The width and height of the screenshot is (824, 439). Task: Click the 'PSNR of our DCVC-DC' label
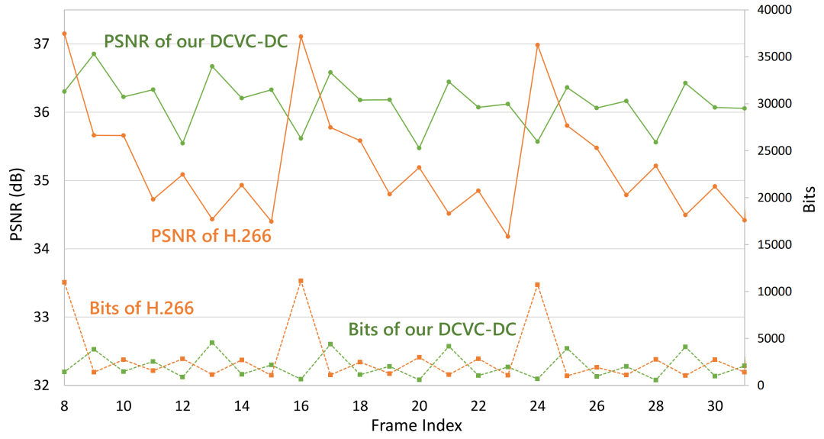195,40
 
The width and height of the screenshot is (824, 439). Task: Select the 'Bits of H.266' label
141,308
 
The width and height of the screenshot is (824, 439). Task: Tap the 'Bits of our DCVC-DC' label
433,329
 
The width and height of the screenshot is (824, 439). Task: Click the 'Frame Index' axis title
416,425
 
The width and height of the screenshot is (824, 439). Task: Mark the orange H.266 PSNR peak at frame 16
301,37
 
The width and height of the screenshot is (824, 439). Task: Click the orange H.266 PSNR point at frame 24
538,45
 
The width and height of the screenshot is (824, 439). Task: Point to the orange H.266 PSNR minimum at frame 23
508,237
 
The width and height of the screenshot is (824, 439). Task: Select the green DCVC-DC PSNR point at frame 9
94,54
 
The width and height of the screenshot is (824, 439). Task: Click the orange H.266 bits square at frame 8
64,282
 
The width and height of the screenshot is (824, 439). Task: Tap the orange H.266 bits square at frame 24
538,285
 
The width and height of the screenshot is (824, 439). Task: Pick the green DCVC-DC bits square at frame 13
212,343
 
